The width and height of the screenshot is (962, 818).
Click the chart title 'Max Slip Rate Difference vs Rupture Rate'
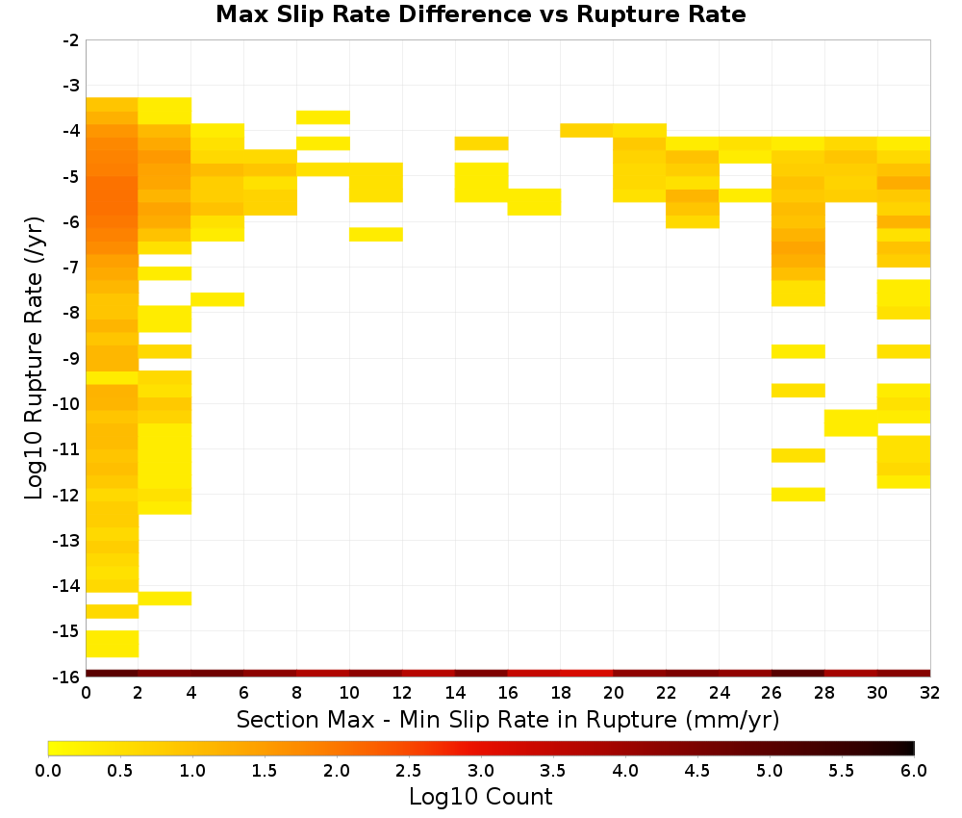pyautogui.click(x=480, y=14)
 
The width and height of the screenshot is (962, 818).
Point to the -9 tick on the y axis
pyautogui.click(x=71, y=358)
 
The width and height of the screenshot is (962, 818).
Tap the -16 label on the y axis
pyautogui.click(x=67, y=677)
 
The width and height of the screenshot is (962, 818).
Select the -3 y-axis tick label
pyautogui.click(x=71, y=86)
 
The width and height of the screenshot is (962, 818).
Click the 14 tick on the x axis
pyautogui.click(x=455, y=693)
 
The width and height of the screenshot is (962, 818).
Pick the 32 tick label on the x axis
pyautogui.click(x=929, y=693)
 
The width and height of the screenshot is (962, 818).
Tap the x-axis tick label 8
pyautogui.click(x=296, y=693)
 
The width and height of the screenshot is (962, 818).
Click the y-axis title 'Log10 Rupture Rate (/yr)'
pyautogui.click(x=35, y=358)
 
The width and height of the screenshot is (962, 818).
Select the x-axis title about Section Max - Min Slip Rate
pyautogui.click(x=508, y=720)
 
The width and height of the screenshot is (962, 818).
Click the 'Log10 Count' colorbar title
pyautogui.click(x=480, y=797)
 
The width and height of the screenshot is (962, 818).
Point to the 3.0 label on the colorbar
pyautogui.click(x=480, y=771)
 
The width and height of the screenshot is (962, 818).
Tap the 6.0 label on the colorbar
pyautogui.click(x=914, y=771)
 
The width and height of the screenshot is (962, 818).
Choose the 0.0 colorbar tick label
pyautogui.click(x=48, y=771)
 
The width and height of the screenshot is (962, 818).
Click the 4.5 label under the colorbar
pyautogui.click(x=696, y=771)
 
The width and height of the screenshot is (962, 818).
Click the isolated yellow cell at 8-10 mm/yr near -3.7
pyautogui.click(x=322, y=117)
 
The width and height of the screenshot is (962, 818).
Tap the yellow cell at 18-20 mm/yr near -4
pyautogui.click(x=587, y=130)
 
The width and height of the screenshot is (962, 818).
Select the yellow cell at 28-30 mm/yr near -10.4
pyautogui.click(x=850, y=422)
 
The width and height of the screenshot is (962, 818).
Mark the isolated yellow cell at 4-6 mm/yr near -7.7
pyautogui.click(x=217, y=299)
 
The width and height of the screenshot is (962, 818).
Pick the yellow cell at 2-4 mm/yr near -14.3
pyautogui.click(x=165, y=599)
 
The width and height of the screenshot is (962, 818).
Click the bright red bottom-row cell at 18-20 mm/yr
pyautogui.click(x=587, y=674)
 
